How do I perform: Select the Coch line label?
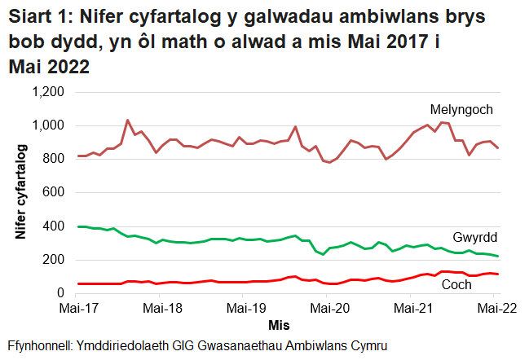pyautogui.click(x=457, y=285)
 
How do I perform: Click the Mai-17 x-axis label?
pyautogui.click(x=77, y=310)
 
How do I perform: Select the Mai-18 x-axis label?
pyautogui.click(x=162, y=310)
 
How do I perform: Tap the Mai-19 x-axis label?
pyautogui.click(x=246, y=310)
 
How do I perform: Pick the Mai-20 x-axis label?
pyautogui.click(x=331, y=310)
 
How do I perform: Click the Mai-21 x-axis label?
pyautogui.click(x=415, y=310)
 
